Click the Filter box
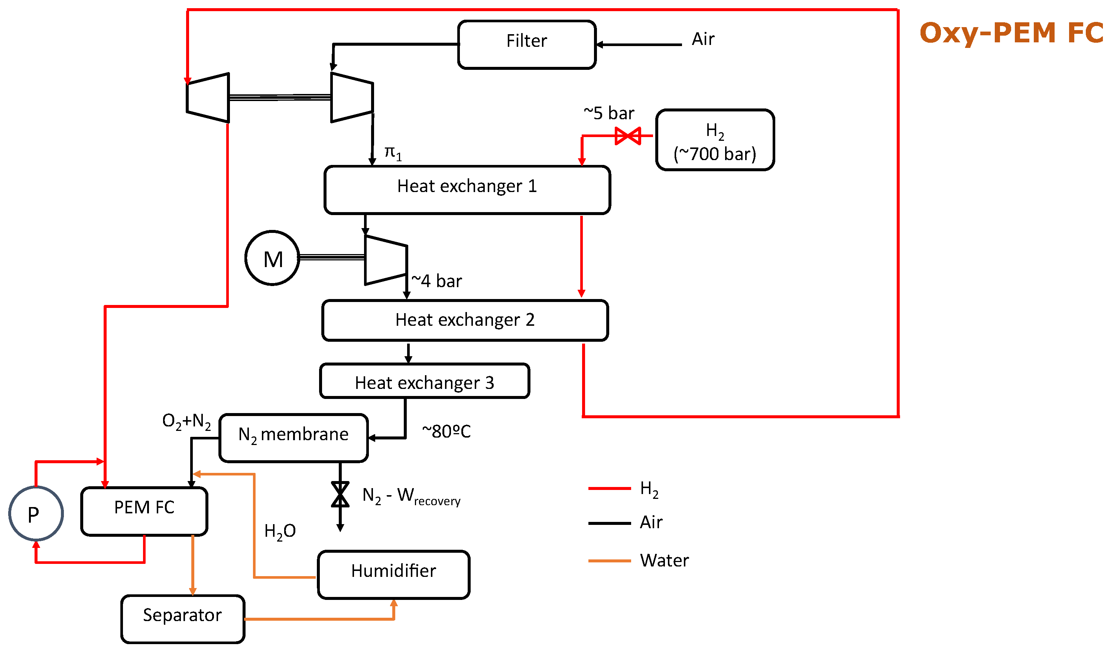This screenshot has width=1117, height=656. coord(527,44)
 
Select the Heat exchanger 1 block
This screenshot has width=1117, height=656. coord(467,190)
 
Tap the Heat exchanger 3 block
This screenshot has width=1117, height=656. coord(424,381)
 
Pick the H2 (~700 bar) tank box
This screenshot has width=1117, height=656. coord(715,140)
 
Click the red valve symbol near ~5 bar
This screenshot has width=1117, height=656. coord(628,136)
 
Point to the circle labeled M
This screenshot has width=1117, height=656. coord(273,259)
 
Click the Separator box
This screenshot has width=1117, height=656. coord(183,619)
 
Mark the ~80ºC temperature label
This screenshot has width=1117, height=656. coord(447,431)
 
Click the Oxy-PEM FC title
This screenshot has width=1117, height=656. coord(1011,33)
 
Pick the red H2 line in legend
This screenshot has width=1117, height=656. coord(610,488)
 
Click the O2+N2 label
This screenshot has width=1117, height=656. coord(186,421)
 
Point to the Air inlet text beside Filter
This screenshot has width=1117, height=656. coord(703,39)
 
